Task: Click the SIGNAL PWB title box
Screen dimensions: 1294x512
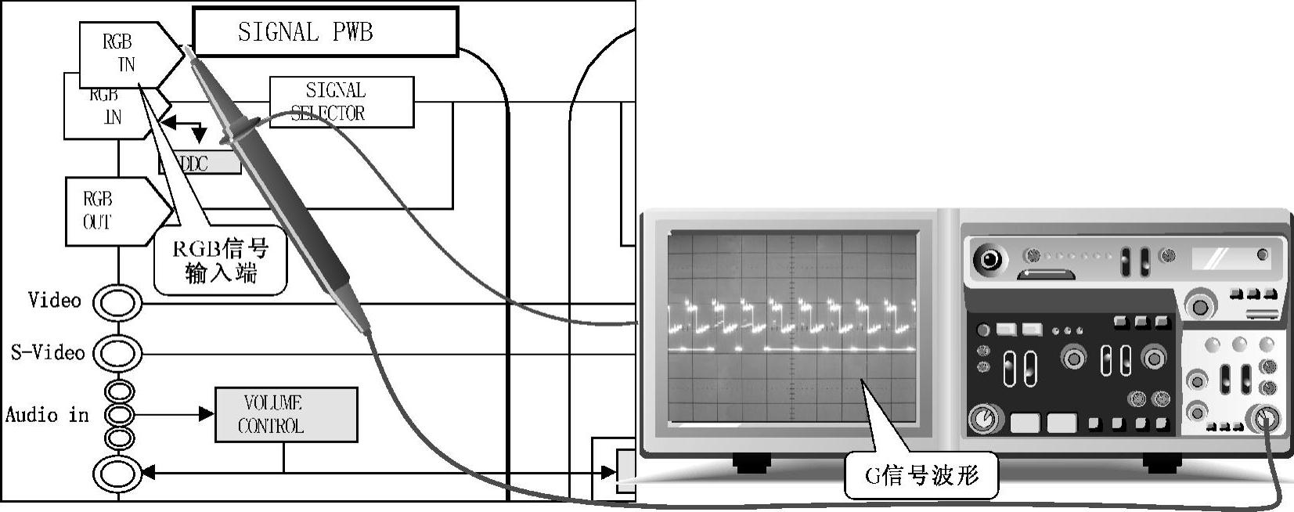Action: click(325, 32)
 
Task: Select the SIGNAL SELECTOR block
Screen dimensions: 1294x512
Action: click(341, 102)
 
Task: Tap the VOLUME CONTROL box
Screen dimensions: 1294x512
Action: click(287, 414)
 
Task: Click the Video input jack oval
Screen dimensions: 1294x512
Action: click(118, 302)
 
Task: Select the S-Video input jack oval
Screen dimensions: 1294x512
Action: click(118, 353)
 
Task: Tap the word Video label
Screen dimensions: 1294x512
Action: click(54, 301)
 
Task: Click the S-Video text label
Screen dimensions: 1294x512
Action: click(48, 352)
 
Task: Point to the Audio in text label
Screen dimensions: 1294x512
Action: click(47, 414)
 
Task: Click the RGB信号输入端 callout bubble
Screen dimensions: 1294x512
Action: click(220, 261)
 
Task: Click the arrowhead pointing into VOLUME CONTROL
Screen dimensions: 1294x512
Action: click(207, 414)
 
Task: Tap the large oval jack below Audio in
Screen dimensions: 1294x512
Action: click(118, 473)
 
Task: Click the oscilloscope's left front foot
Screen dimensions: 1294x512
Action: click(752, 463)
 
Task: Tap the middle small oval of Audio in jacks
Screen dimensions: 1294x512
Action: click(119, 414)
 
